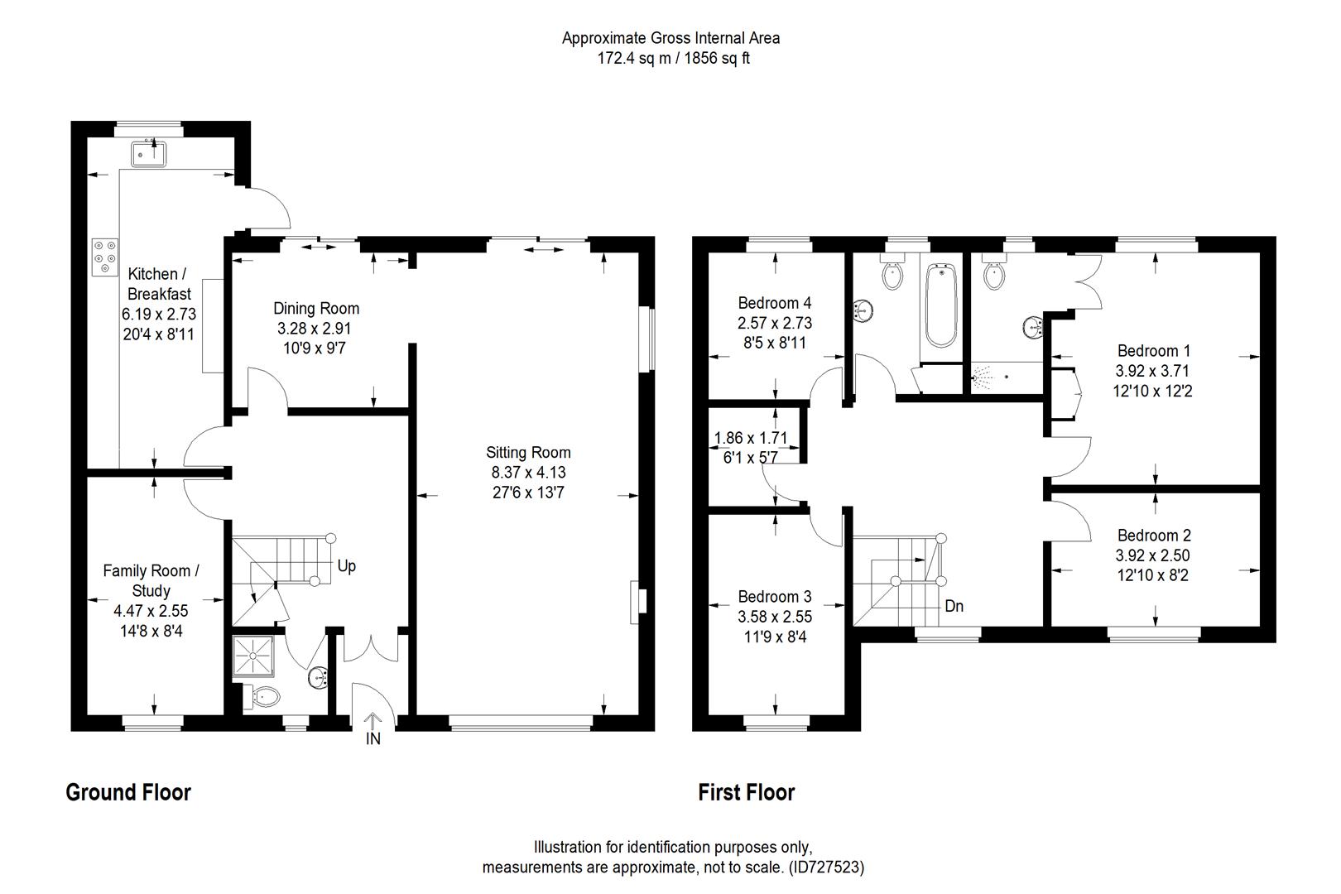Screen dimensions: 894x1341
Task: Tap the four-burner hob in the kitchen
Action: click(x=105, y=256)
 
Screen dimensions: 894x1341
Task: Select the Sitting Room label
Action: click(x=528, y=453)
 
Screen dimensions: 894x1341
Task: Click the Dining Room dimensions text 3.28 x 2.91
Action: click(x=316, y=329)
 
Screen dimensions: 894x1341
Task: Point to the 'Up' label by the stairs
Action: click(x=347, y=567)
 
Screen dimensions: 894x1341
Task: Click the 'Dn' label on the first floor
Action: click(x=954, y=606)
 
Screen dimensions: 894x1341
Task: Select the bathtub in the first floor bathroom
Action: click(x=940, y=305)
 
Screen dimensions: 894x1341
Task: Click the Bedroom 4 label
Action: click(x=775, y=303)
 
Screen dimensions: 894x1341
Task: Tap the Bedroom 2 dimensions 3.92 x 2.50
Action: click(x=1153, y=555)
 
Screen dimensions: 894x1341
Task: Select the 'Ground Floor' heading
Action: click(x=128, y=793)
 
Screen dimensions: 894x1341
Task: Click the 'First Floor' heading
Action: click(x=746, y=793)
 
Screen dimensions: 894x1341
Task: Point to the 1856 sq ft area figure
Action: click(x=715, y=59)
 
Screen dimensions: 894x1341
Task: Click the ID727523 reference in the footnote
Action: click(x=825, y=868)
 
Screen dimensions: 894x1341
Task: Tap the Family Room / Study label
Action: click(x=151, y=580)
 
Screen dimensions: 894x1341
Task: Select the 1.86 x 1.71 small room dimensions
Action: click(x=750, y=438)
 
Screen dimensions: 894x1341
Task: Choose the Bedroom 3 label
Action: click(x=775, y=597)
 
